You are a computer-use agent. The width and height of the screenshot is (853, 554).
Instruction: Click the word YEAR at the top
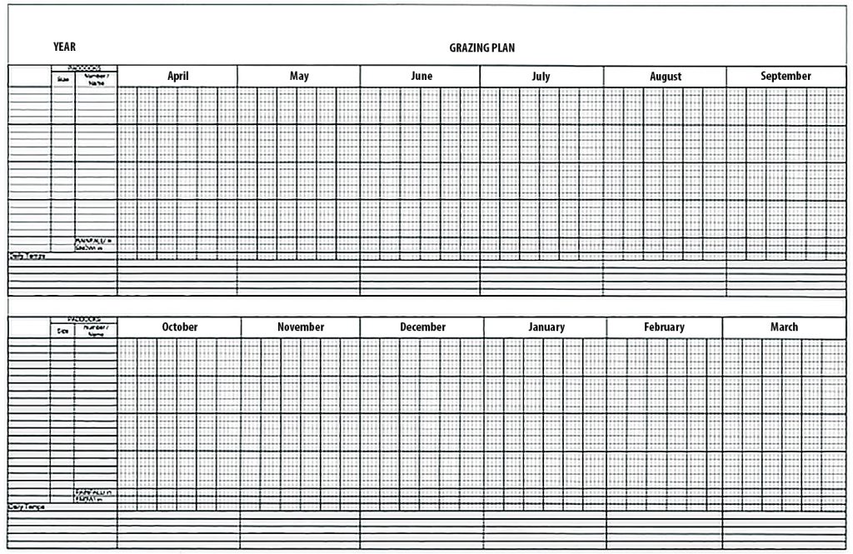tap(64, 47)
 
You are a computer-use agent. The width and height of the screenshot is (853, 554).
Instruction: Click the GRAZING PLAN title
tap(481, 47)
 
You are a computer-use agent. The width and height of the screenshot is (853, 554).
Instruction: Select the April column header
tap(177, 76)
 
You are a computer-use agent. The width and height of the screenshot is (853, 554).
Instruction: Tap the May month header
tap(299, 76)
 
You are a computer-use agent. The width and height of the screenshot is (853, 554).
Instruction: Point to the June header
tap(422, 76)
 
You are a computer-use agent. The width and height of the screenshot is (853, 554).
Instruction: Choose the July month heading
tap(541, 77)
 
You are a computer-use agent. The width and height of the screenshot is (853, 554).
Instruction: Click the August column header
tap(666, 77)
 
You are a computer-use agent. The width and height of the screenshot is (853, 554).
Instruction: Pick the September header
tap(786, 76)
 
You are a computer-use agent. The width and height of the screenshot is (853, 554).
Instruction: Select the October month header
tap(180, 327)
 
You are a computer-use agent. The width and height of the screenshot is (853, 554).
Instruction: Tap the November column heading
tap(301, 327)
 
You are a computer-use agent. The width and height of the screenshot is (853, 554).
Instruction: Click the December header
tap(422, 327)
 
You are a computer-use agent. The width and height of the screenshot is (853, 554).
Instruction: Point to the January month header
tap(546, 327)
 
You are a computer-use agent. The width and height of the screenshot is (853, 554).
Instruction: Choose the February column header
tap(664, 327)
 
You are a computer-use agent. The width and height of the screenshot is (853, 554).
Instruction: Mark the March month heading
tap(784, 327)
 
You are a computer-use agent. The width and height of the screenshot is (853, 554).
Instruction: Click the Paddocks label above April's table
tap(84, 67)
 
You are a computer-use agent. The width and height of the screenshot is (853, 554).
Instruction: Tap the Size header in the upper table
tap(63, 79)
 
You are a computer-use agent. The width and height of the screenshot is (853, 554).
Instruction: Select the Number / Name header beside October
tap(96, 331)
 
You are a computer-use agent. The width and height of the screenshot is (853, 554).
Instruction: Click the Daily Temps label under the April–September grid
tap(27, 256)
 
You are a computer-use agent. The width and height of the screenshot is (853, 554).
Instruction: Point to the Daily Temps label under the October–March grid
tap(27, 507)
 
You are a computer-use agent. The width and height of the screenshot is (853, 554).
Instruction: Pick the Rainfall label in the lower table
tap(94, 492)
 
